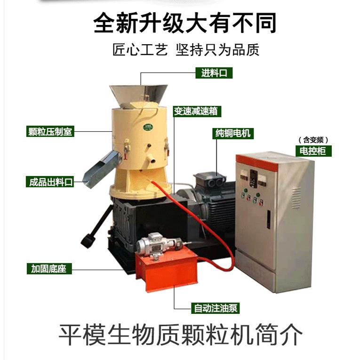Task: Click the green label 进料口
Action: (x=214, y=73)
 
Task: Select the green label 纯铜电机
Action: (x=232, y=133)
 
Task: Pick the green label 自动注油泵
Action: (x=216, y=309)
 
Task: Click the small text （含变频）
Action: (x=313, y=140)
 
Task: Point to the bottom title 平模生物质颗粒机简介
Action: (x=180, y=335)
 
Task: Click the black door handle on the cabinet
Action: (x=268, y=219)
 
